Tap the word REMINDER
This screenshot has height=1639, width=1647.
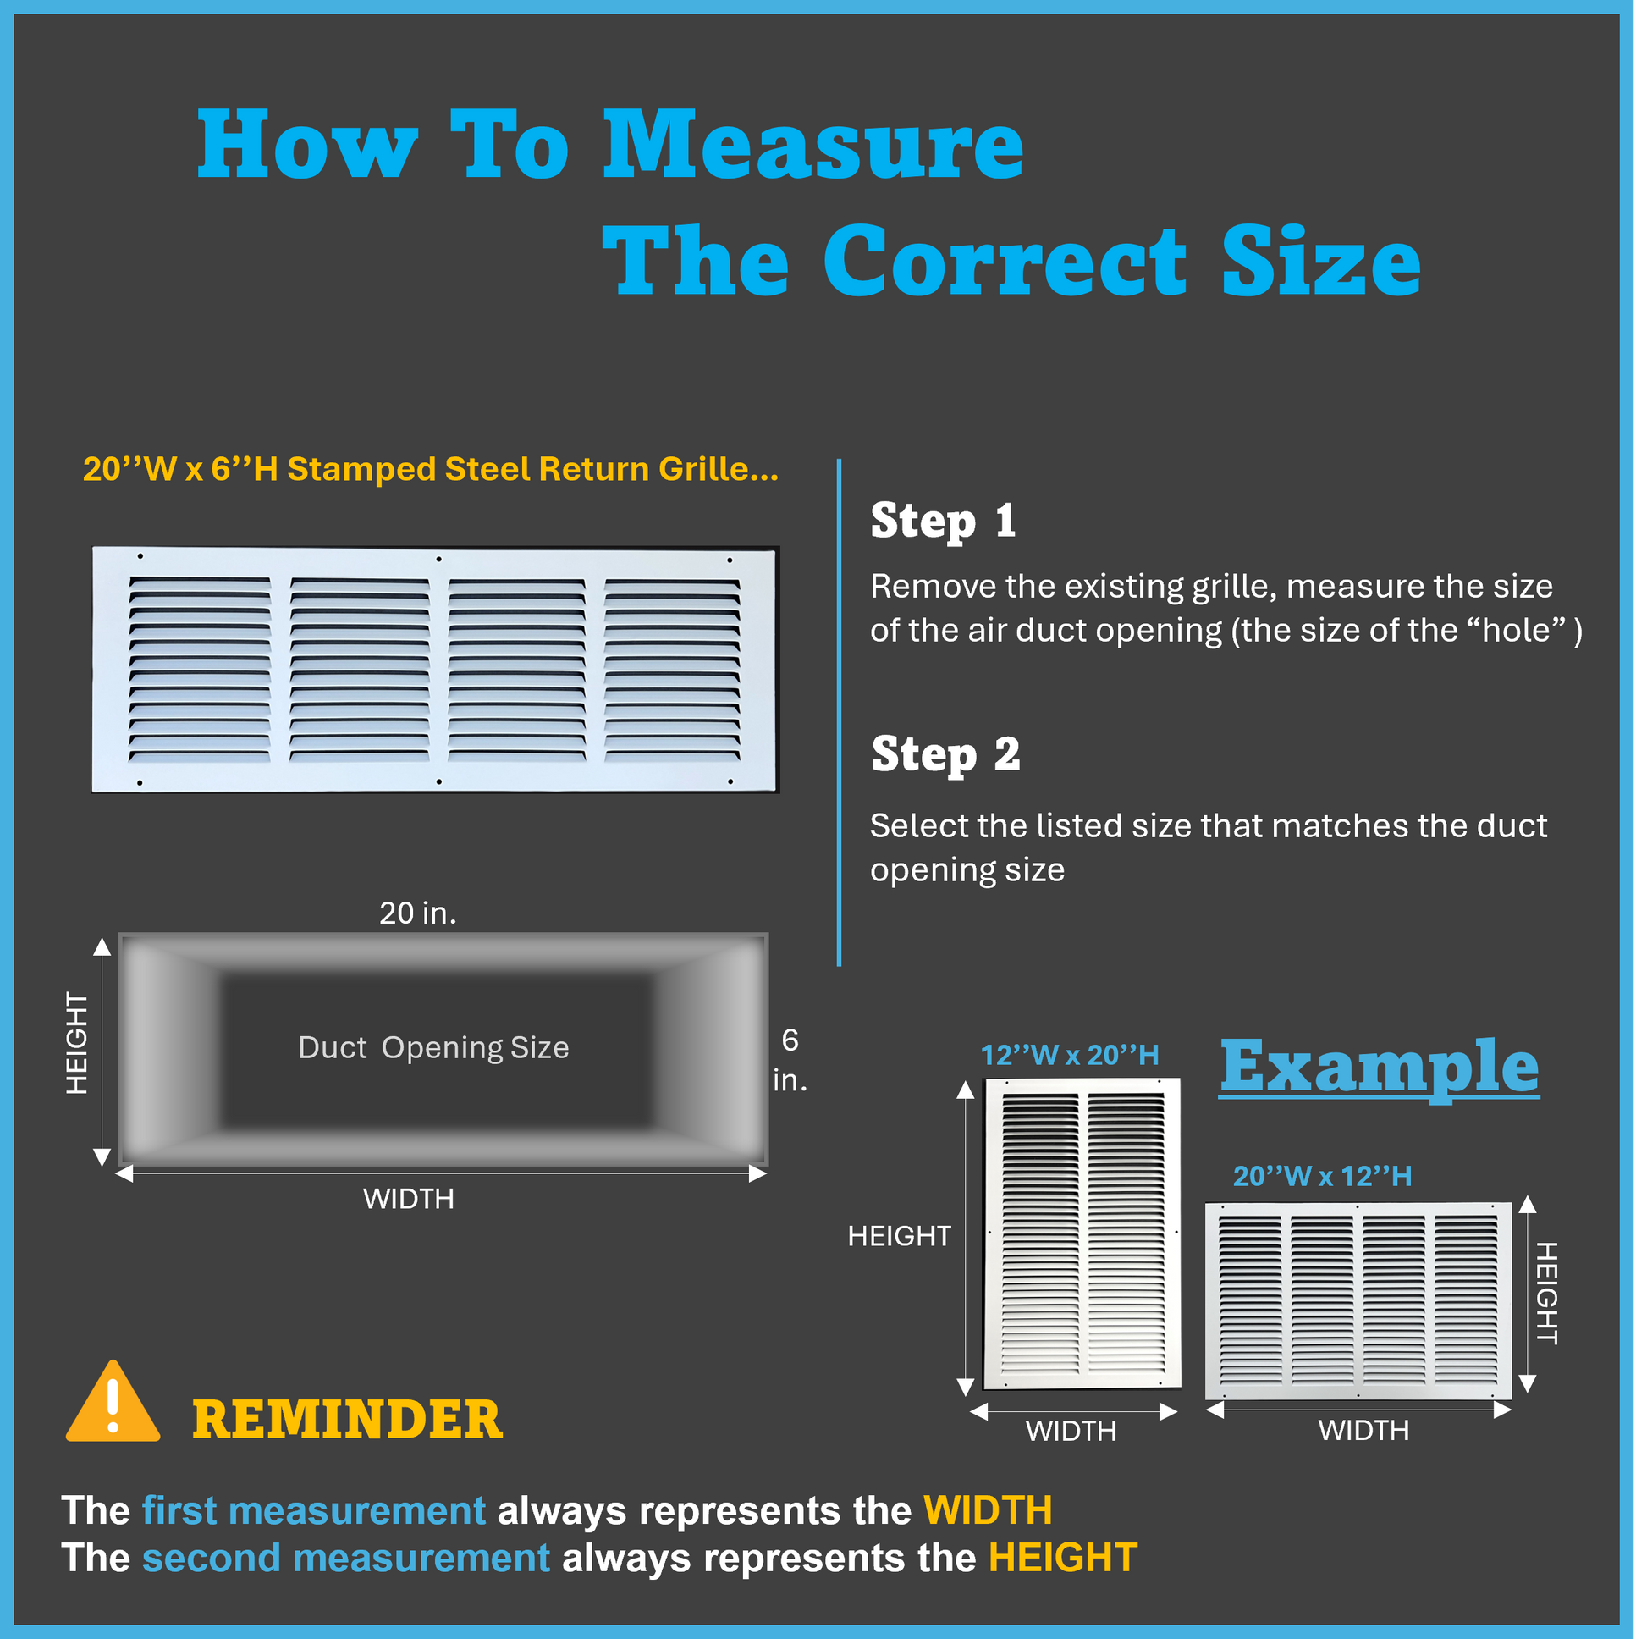coord(348,1421)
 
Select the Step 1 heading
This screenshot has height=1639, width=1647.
coord(944,521)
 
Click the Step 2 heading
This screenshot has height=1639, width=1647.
coord(946,754)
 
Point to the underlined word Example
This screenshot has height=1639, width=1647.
coord(1380,1068)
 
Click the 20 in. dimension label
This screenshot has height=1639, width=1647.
coord(418,913)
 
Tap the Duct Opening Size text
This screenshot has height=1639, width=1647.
coord(434,1048)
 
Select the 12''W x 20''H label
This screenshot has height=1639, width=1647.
coord(1070,1056)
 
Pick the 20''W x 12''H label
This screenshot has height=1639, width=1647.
coord(1323,1177)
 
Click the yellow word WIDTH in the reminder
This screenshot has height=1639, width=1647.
coord(989,1511)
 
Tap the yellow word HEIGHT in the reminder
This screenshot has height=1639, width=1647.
coord(1063,1558)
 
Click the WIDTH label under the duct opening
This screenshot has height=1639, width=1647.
coord(409,1200)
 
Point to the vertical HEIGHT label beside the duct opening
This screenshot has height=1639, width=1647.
coord(78,1044)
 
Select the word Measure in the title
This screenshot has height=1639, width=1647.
coord(814,145)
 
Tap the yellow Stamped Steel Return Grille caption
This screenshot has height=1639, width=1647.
coord(432,469)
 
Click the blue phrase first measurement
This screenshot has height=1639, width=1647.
coord(314,1511)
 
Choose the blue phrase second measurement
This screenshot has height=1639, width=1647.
coord(346,1558)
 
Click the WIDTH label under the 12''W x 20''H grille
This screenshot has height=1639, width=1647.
coord(1071,1431)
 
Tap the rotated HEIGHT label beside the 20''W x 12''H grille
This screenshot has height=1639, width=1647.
coord(1547,1294)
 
